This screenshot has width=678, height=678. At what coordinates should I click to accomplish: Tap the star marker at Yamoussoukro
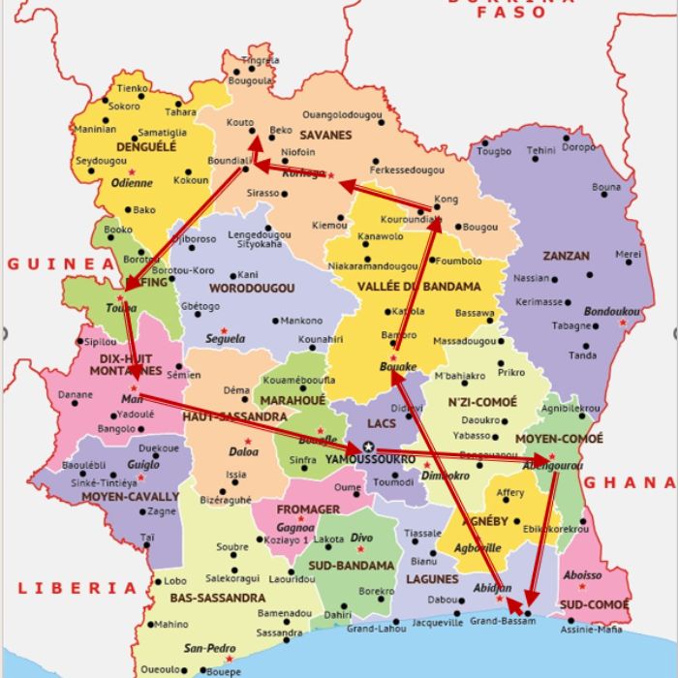[x=368, y=446]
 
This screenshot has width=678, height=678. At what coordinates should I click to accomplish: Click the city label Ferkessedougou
[x=407, y=169]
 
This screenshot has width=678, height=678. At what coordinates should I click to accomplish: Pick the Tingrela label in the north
[x=261, y=60]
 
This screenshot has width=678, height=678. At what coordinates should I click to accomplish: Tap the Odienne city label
[x=132, y=182]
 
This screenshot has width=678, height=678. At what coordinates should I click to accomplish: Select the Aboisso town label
[x=582, y=574]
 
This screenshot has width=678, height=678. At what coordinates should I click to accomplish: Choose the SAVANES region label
[x=325, y=136]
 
